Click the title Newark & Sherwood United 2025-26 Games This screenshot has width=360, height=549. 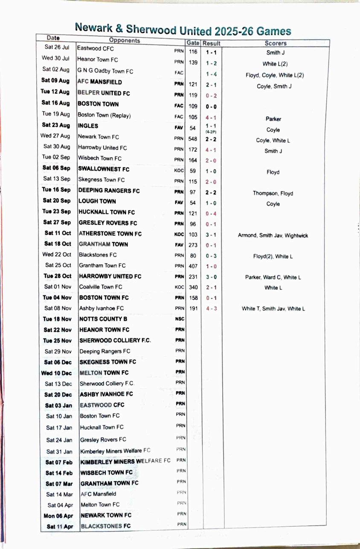click(183, 30)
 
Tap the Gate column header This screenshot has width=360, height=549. click(193, 43)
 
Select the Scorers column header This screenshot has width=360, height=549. click(276, 43)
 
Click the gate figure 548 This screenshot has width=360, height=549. click(193, 138)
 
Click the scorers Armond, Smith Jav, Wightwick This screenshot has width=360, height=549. click(273, 235)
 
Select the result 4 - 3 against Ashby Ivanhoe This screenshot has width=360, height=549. click(211, 308)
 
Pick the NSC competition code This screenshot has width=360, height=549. click(180, 319)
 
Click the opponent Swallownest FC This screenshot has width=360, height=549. click(104, 169)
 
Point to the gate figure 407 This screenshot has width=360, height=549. click(193, 265)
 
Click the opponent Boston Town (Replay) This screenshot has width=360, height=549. click(104, 115)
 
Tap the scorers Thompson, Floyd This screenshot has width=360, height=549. click(273, 193)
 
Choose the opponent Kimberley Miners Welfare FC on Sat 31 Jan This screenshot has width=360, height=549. click(115, 451)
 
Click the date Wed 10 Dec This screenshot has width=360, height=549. click(57, 373)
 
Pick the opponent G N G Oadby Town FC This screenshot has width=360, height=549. click(105, 71)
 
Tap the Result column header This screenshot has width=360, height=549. click(211, 43)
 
